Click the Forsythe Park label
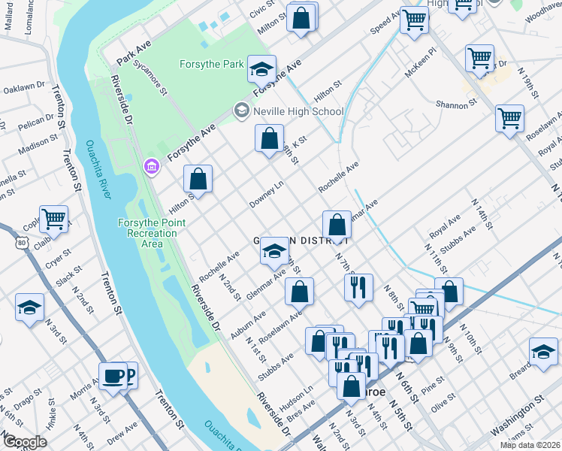pos(211,65)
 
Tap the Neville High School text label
pos(298,111)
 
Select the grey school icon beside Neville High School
pos(241,111)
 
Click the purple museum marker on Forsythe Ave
pos(152,165)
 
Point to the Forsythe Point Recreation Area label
pos(147,233)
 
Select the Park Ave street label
pos(134,52)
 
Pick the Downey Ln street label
pos(267,195)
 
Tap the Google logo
pos(25,442)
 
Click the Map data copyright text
pos(530,445)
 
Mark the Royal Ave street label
pos(445,223)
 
